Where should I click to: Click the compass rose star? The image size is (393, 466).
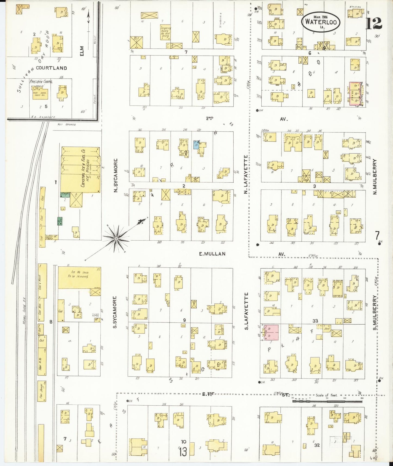(116, 238)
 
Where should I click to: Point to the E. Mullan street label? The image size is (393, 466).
(212, 254)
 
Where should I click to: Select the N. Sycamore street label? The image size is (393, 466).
(116, 176)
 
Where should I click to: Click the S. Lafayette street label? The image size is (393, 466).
(246, 311)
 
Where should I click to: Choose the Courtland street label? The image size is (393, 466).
(51, 68)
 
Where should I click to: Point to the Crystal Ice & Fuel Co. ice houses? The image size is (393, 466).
(81, 170)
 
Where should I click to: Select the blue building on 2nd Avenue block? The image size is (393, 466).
(196, 145)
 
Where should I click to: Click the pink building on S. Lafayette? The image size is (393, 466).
(270, 332)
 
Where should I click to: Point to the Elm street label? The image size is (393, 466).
(82, 51)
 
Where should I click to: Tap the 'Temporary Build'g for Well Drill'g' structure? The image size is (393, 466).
(165, 32)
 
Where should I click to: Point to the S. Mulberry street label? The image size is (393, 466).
(375, 313)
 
